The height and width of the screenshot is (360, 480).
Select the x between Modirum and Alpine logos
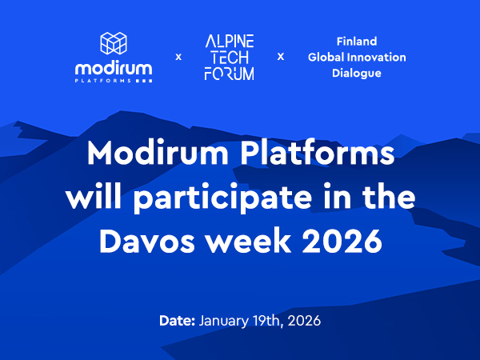coord(178,57)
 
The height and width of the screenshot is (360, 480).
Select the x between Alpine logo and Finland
coord(281,57)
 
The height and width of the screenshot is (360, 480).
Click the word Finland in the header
coord(357,41)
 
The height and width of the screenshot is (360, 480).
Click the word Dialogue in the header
coord(357,73)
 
